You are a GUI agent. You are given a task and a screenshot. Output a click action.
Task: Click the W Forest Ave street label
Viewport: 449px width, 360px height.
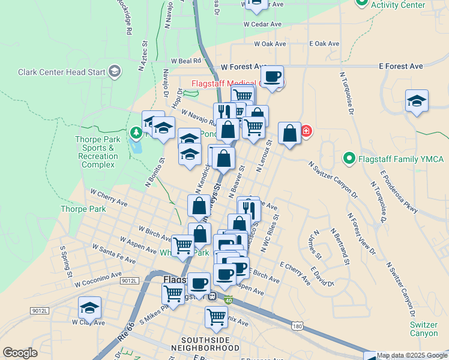(243, 67)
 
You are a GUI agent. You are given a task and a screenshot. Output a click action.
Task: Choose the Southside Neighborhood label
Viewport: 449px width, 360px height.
(200, 343)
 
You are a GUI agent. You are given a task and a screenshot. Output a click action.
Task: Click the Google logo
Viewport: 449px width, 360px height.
(20, 353)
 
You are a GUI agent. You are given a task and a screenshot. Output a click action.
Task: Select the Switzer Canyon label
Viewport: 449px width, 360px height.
(424, 329)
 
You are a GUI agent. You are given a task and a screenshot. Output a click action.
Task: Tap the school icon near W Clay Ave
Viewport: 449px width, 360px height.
(89, 307)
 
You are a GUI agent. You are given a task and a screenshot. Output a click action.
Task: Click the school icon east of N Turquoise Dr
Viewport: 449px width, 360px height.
(416, 101)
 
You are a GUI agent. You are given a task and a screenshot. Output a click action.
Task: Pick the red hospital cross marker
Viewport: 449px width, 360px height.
(306, 130)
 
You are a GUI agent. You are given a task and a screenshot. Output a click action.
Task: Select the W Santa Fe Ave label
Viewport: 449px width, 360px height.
(113, 254)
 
